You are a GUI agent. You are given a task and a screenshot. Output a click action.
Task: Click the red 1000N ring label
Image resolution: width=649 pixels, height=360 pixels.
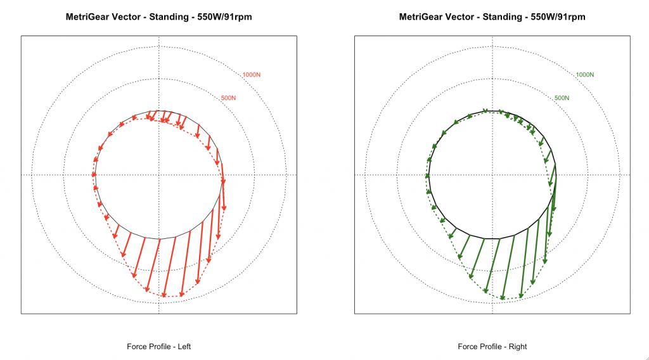click(x=252, y=75)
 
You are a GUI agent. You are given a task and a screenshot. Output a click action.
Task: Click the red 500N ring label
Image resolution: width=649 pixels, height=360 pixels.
click(x=228, y=98)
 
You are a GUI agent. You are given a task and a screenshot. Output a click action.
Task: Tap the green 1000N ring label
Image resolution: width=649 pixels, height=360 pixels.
click(x=585, y=75)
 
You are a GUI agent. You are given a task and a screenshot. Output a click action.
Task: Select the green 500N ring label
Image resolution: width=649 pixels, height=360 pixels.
click(x=562, y=98)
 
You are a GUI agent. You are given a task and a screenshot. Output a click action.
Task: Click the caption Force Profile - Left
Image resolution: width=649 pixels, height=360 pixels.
click(x=159, y=347)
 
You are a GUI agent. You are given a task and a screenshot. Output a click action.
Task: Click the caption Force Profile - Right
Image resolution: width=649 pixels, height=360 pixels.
click(x=492, y=347)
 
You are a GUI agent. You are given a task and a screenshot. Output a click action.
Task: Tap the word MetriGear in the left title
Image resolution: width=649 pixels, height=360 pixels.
click(x=88, y=17)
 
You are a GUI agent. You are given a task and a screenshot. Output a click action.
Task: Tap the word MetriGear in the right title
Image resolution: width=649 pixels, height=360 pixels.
click(x=421, y=17)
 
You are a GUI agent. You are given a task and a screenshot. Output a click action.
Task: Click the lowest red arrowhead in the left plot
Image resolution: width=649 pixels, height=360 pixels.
click(x=164, y=295)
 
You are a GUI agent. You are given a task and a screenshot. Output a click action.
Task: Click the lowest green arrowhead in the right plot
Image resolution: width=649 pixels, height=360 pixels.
click(x=503, y=297)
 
